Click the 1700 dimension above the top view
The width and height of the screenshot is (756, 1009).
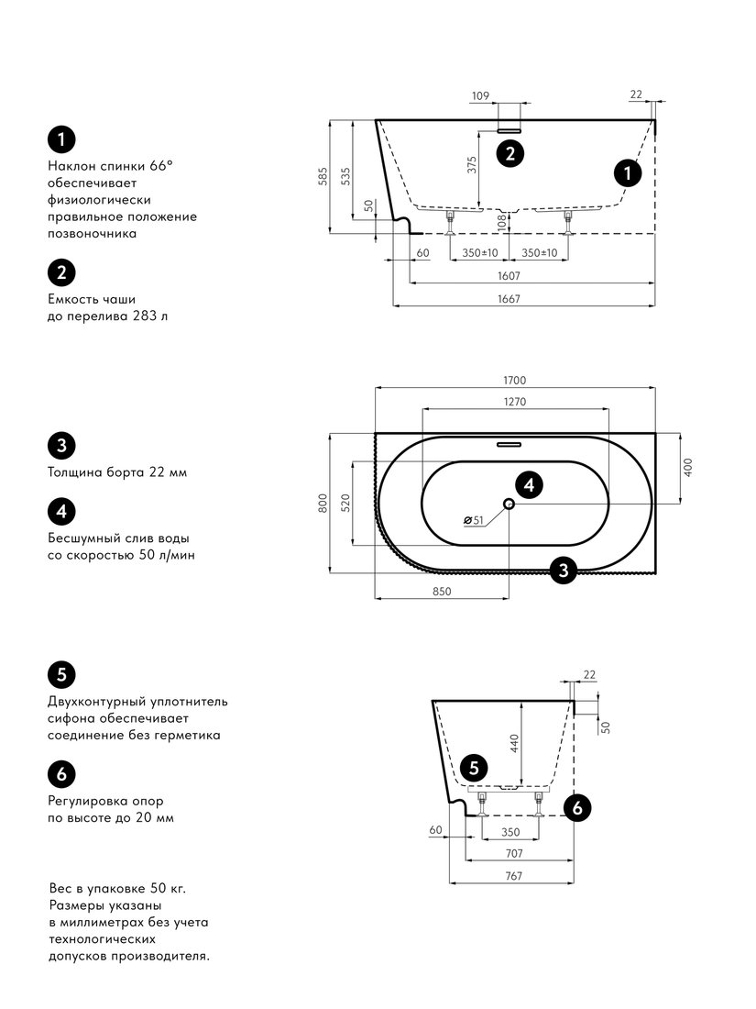point(514,381)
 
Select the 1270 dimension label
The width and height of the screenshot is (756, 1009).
point(514,402)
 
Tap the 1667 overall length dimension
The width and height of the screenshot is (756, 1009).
point(509,299)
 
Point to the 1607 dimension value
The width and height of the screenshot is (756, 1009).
point(509,276)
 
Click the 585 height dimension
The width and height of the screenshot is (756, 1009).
point(323,176)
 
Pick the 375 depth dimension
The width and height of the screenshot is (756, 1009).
point(473,165)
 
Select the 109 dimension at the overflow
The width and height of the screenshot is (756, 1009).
point(480,96)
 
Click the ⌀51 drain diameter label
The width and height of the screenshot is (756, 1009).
point(473,520)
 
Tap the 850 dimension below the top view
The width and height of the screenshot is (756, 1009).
point(442,592)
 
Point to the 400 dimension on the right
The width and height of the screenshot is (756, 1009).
point(688,467)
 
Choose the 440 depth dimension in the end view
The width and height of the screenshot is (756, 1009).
point(514,744)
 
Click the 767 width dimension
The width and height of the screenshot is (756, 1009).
point(514,876)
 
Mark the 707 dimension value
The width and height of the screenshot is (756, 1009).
point(514,853)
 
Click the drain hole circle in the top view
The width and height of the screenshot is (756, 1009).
point(509,504)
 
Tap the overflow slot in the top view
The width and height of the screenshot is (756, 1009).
point(509,444)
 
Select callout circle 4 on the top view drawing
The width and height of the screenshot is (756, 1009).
point(529,484)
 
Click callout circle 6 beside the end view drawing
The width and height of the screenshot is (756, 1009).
point(577,807)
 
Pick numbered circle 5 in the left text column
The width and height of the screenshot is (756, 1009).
point(61,674)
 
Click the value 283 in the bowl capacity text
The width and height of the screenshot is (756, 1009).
point(144,316)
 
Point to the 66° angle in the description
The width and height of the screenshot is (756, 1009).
point(161,165)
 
